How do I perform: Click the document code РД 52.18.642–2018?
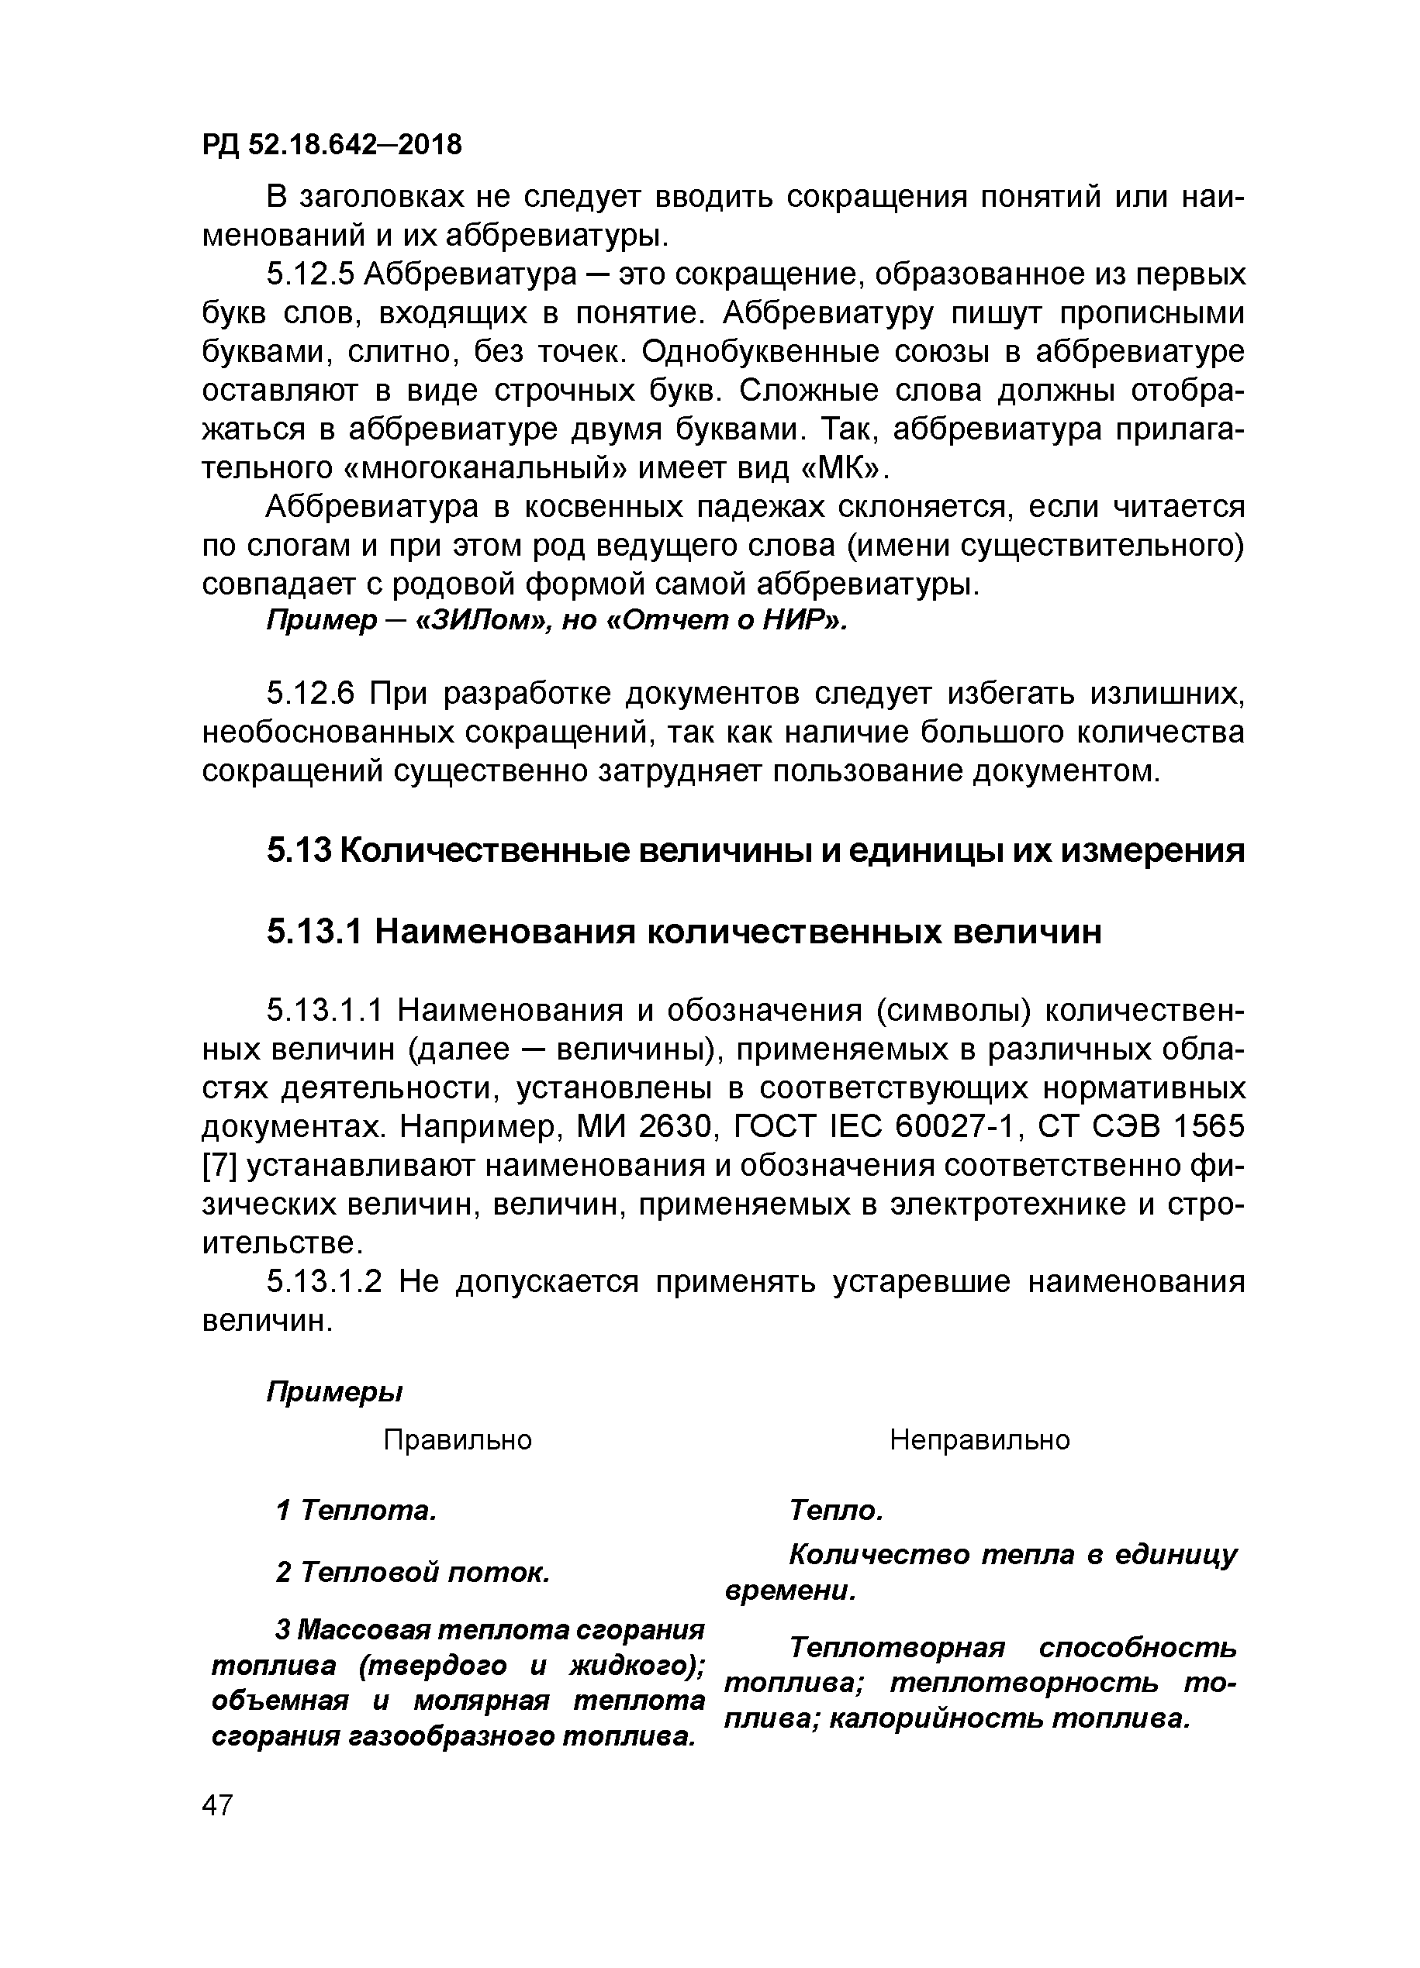click(332, 144)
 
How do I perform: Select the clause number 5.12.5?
click(310, 274)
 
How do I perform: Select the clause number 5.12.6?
click(310, 694)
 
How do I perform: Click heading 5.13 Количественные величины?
click(755, 850)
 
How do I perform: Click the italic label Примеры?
click(334, 1393)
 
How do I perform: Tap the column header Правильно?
click(458, 1440)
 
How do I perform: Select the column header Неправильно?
click(979, 1440)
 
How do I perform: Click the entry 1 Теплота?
click(356, 1511)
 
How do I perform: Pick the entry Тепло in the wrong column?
click(836, 1511)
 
